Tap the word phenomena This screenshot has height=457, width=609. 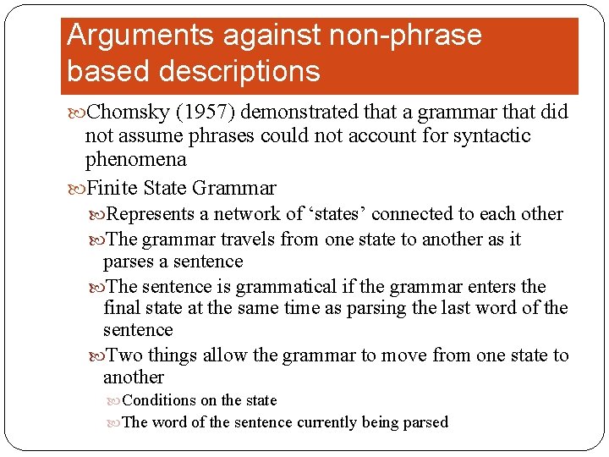[x=135, y=160]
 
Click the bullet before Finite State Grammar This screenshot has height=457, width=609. [x=77, y=188]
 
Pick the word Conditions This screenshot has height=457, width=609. [x=159, y=400]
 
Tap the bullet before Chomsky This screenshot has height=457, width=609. [x=77, y=113]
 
